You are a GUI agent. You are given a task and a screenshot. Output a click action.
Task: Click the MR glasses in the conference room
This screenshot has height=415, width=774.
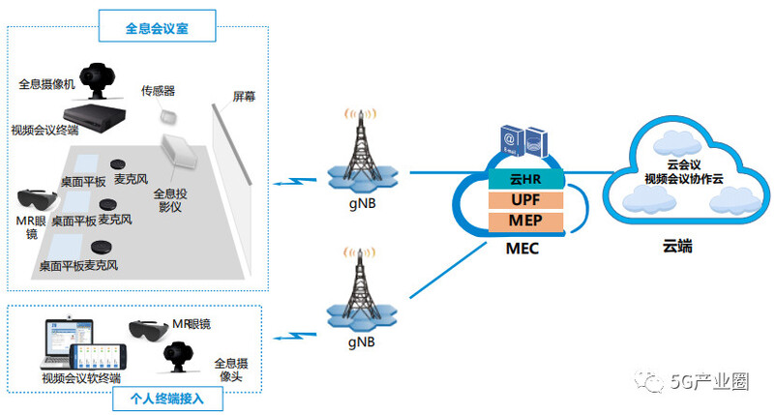pos(39,202)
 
